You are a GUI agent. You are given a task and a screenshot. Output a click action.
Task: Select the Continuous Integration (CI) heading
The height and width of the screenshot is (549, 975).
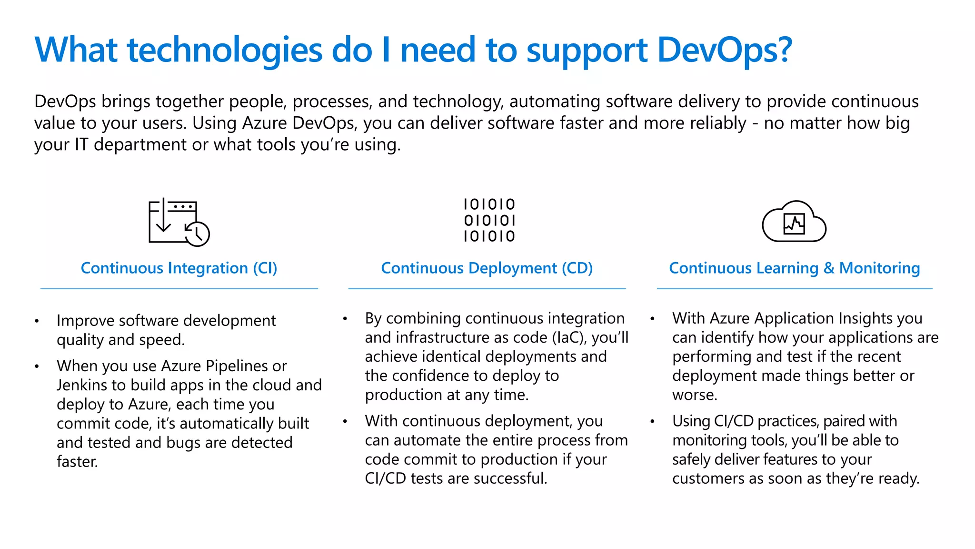point(179,268)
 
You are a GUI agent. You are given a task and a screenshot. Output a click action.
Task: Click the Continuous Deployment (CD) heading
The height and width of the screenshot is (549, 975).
point(487,268)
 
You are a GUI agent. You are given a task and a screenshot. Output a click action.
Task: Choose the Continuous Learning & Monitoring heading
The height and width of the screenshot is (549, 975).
point(794,268)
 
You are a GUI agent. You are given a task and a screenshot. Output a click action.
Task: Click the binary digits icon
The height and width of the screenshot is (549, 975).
point(489,220)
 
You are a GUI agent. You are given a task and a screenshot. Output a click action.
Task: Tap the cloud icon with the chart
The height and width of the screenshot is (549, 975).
point(794,222)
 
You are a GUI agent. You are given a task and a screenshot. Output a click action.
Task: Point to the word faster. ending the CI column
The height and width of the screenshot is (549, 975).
point(77,462)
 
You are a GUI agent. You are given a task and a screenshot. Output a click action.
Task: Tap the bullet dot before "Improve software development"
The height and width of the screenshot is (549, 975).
point(37,321)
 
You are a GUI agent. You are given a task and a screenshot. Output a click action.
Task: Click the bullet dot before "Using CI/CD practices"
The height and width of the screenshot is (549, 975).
point(653,421)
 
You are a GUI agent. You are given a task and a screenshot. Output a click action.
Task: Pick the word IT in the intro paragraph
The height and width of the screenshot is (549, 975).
point(81,144)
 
